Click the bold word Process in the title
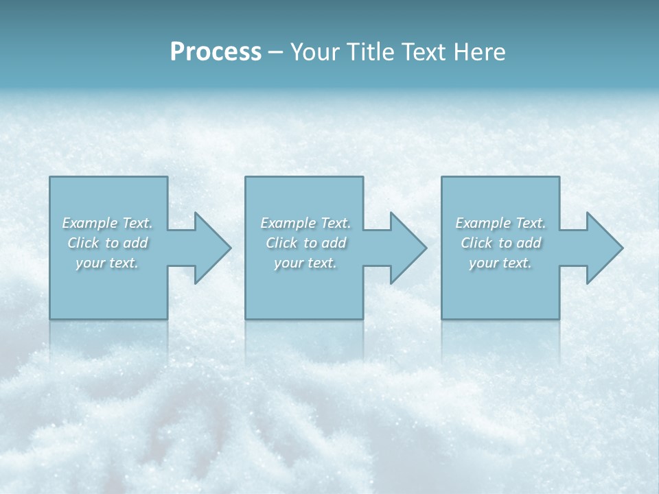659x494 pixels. tap(216, 52)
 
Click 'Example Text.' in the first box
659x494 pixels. tap(107, 223)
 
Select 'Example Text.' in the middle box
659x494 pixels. tap(305, 223)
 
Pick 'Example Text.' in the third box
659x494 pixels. tap(500, 223)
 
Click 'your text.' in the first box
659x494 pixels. tap(107, 263)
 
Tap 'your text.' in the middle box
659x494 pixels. tap(305, 263)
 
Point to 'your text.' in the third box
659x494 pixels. tap(500, 263)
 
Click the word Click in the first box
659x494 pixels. tap(83, 243)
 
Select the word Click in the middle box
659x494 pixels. tap(281, 243)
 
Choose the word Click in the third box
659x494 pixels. tap(476, 243)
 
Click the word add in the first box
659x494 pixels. tap(136, 243)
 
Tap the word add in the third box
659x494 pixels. tap(529, 243)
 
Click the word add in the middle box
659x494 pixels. tap(334, 243)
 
